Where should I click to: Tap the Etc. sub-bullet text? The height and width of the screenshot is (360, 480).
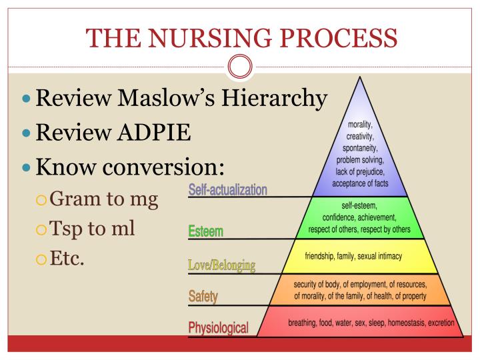click(x=67, y=257)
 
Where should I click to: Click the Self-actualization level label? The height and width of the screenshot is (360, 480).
click(x=228, y=189)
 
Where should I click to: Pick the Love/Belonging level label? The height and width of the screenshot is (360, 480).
click(x=222, y=266)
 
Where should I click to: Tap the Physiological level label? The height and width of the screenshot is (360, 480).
click(x=219, y=327)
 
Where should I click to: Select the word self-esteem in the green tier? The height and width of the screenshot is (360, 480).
click(x=361, y=206)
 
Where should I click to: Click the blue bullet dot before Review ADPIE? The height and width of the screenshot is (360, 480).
click(x=26, y=132)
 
